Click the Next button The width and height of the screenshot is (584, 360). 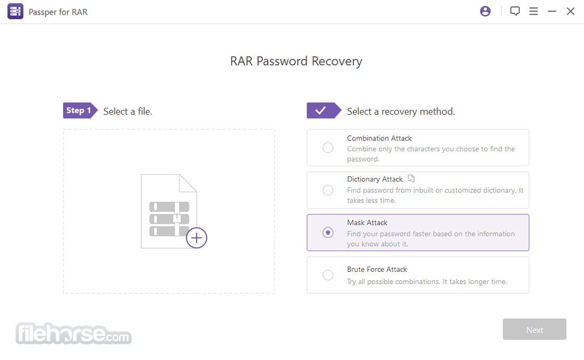[x=534, y=329]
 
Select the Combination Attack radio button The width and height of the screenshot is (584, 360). [x=328, y=148]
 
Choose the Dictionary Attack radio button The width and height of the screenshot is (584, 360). [x=328, y=190]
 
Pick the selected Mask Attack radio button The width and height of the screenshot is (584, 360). [x=328, y=233]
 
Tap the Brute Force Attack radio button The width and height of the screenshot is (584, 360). [x=328, y=275]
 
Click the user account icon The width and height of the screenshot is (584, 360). [x=485, y=11]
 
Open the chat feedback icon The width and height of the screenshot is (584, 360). [x=515, y=11]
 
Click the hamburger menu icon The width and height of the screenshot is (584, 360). [x=533, y=11]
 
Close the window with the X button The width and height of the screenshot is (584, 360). [x=570, y=11]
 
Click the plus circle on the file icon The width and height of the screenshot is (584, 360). [x=196, y=238]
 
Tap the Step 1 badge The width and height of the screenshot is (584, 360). [x=80, y=110]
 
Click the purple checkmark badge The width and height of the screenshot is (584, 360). [x=324, y=110]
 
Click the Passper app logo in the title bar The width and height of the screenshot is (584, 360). [x=15, y=11]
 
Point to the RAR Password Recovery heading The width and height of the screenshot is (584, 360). [x=296, y=61]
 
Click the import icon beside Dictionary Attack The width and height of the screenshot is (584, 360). [x=411, y=178]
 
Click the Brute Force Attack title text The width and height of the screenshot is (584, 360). [x=377, y=269]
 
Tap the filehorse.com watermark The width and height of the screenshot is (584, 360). [x=74, y=333]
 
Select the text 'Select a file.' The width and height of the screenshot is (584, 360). [x=128, y=112]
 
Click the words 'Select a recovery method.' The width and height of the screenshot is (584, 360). [x=401, y=112]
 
